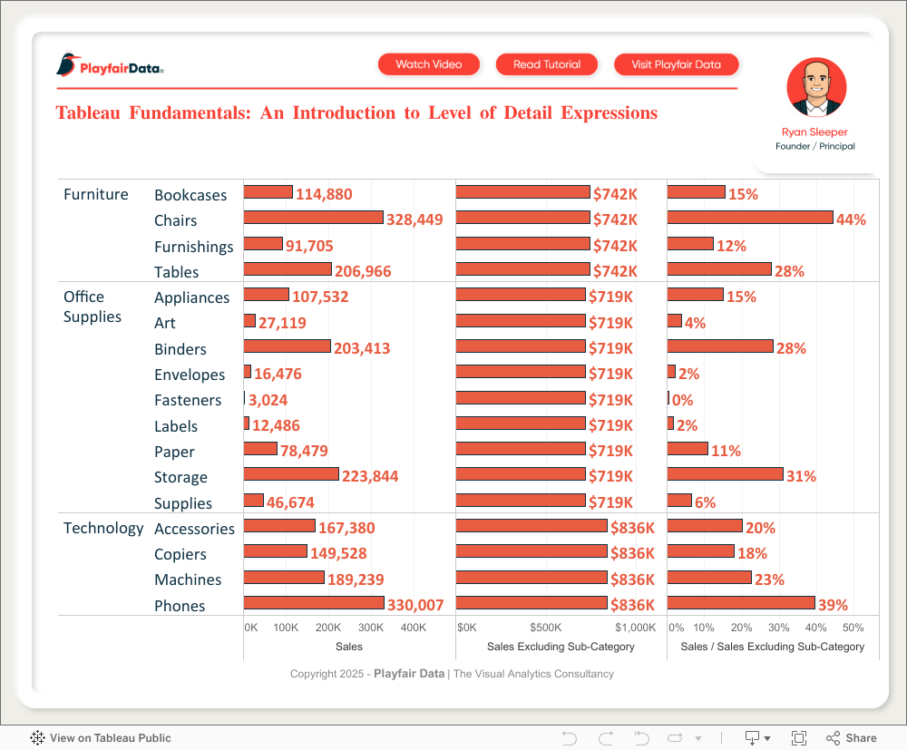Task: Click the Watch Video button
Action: (429, 64)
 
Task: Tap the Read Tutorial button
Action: (546, 64)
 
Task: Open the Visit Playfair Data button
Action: (676, 64)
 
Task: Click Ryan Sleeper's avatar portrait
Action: (816, 88)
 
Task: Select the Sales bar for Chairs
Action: (314, 218)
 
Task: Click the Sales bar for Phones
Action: (314, 603)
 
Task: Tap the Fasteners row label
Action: (188, 400)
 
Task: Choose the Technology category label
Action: (103, 528)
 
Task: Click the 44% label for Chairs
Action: (851, 219)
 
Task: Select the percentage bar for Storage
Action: (725, 474)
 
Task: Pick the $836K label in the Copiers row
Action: (632, 553)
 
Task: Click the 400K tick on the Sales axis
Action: (414, 628)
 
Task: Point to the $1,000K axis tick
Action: (635, 628)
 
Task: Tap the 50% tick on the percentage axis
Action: (853, 628)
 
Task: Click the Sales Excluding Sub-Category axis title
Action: (561, 647)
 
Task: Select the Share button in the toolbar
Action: (852, 738)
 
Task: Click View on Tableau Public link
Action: (102, 738)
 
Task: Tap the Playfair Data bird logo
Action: (66, 64)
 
